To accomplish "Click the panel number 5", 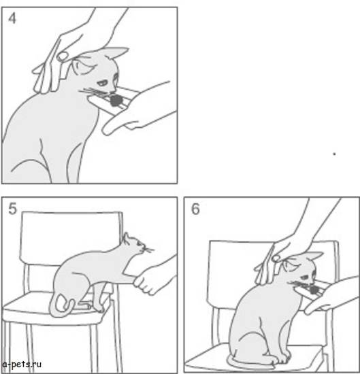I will [x=12, y=209].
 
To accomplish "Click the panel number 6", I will [x=195, y=209].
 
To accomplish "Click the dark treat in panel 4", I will [x=117, y=100].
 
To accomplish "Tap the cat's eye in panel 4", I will [x=101, y=80].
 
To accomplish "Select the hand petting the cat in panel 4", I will [x=58, y=61].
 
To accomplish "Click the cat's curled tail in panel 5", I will [x=59, y=307].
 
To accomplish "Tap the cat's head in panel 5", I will [x=134, y=248].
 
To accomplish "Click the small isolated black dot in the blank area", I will [x=334, y=154].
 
